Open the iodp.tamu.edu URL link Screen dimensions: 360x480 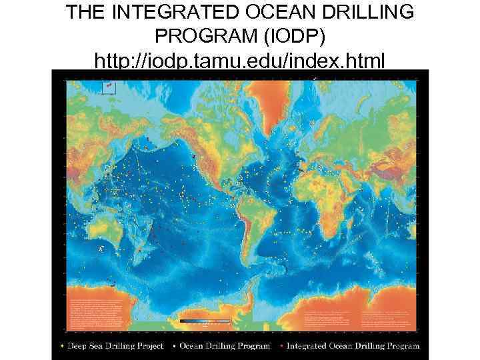[x=239, y=62]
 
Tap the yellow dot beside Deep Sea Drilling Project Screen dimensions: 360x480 [x=63, y=347]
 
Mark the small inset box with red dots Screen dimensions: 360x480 [x=109, y=87]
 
